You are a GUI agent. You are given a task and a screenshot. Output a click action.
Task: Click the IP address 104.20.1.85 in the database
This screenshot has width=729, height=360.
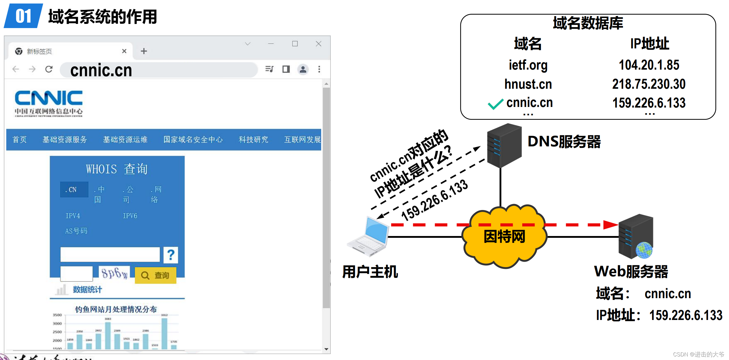coord(649,65)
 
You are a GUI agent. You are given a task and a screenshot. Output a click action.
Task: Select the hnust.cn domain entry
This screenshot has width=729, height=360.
coord(528,84)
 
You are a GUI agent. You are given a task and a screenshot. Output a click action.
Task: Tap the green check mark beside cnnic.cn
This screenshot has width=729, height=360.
coord(495,104)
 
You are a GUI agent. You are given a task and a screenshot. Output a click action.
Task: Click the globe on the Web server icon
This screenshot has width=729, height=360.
coord(644,250)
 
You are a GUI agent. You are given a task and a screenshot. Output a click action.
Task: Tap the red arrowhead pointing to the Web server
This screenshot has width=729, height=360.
coord(610,225)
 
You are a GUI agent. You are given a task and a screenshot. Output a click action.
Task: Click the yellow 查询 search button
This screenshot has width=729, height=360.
coord(155,275)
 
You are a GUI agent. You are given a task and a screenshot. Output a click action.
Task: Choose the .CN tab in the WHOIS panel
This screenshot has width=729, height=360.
coord(74,190)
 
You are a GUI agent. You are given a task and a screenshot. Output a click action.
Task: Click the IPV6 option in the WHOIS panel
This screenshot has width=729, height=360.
coord(130,216)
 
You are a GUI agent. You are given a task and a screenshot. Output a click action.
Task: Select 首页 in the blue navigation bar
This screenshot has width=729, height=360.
coord(20,140)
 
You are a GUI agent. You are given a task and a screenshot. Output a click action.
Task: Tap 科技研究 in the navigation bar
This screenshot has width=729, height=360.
coord(253,140)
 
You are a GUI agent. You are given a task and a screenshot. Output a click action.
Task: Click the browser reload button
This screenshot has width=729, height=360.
coord(49,69)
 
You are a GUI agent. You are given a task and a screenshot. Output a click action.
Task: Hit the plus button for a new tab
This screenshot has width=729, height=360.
coord(144,51)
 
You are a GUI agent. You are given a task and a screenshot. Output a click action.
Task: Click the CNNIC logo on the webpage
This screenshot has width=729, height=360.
coord(49,103)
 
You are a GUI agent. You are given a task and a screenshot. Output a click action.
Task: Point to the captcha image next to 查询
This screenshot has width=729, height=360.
coord(114,273)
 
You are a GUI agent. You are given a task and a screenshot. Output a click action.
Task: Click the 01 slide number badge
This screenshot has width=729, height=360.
coord(23,16)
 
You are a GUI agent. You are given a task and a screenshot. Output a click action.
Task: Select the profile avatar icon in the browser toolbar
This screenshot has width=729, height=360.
coord(303,69)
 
